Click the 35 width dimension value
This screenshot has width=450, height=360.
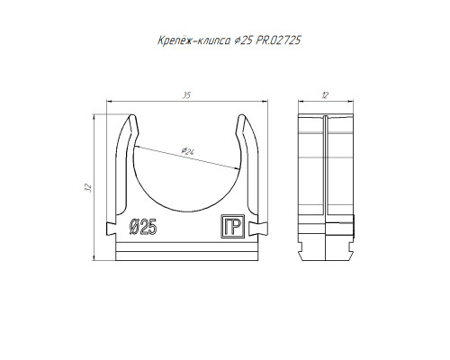[x=187, y=95]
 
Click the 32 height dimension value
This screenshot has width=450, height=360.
[x=88, y=187]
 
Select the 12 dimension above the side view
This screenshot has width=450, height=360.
[x=325, y=95]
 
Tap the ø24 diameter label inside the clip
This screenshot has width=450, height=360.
[x=188, y=151]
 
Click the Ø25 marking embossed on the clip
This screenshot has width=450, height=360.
[x=143, y=227]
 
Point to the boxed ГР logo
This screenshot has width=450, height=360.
[x=233, y=227]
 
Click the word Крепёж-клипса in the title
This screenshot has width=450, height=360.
[x=194, y=40]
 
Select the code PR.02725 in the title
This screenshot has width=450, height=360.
[x=278, y=40]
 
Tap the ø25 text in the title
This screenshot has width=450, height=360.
[x=243, y=40]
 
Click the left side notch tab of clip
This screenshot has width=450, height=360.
[x=111, y=229]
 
